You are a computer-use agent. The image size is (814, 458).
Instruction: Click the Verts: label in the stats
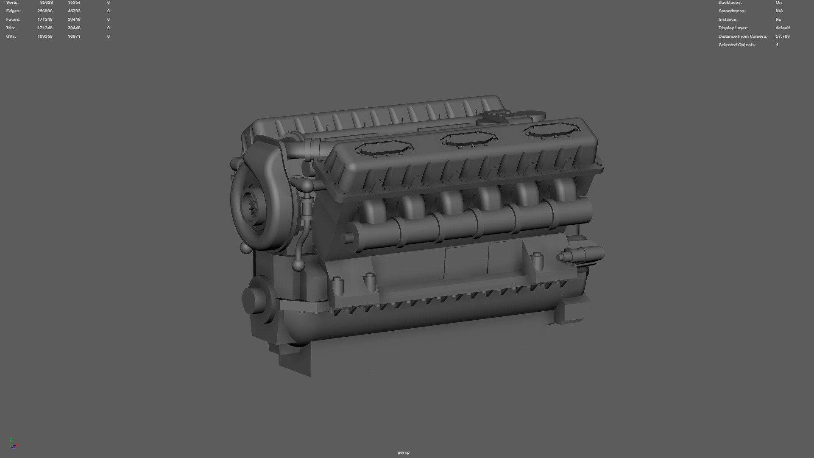click(x=12, y=3)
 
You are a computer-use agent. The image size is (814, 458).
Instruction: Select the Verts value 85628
click(x=46, y=3)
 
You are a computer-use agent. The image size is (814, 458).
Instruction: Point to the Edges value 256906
click(x=45, y=11)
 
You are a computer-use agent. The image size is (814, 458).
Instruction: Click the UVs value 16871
click(x=74, y=36)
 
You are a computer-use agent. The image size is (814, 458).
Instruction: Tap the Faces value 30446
click(x=74, y=20)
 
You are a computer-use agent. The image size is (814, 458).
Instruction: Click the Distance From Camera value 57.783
click(x=783, y=36)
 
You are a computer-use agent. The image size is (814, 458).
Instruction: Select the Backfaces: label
click(x=730, y=3)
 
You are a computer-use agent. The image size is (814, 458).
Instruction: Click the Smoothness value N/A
click(x=779, y=11)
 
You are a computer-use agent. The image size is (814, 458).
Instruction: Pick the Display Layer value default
click(x=783, y=28)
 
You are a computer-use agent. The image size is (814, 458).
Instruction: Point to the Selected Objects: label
click(x=737, y=45)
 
